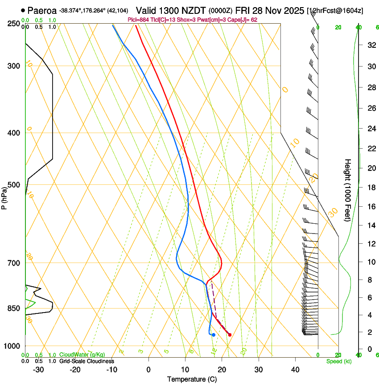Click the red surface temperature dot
click(x=230, y=334)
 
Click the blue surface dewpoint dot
click(x=214, y=334)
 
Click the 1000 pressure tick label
click(x=12, y=346)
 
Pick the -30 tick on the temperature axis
click(x=38, y=369)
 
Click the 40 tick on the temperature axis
click(x=295, y=369)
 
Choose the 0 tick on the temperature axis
click(x=148, y=369)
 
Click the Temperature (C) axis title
click(x=192, y=379)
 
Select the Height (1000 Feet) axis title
click(x=348, y=190)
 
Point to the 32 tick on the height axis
click(x=371, y=45)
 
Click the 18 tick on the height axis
click(x=371, y=188)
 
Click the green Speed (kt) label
click(x=338, y=361)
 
